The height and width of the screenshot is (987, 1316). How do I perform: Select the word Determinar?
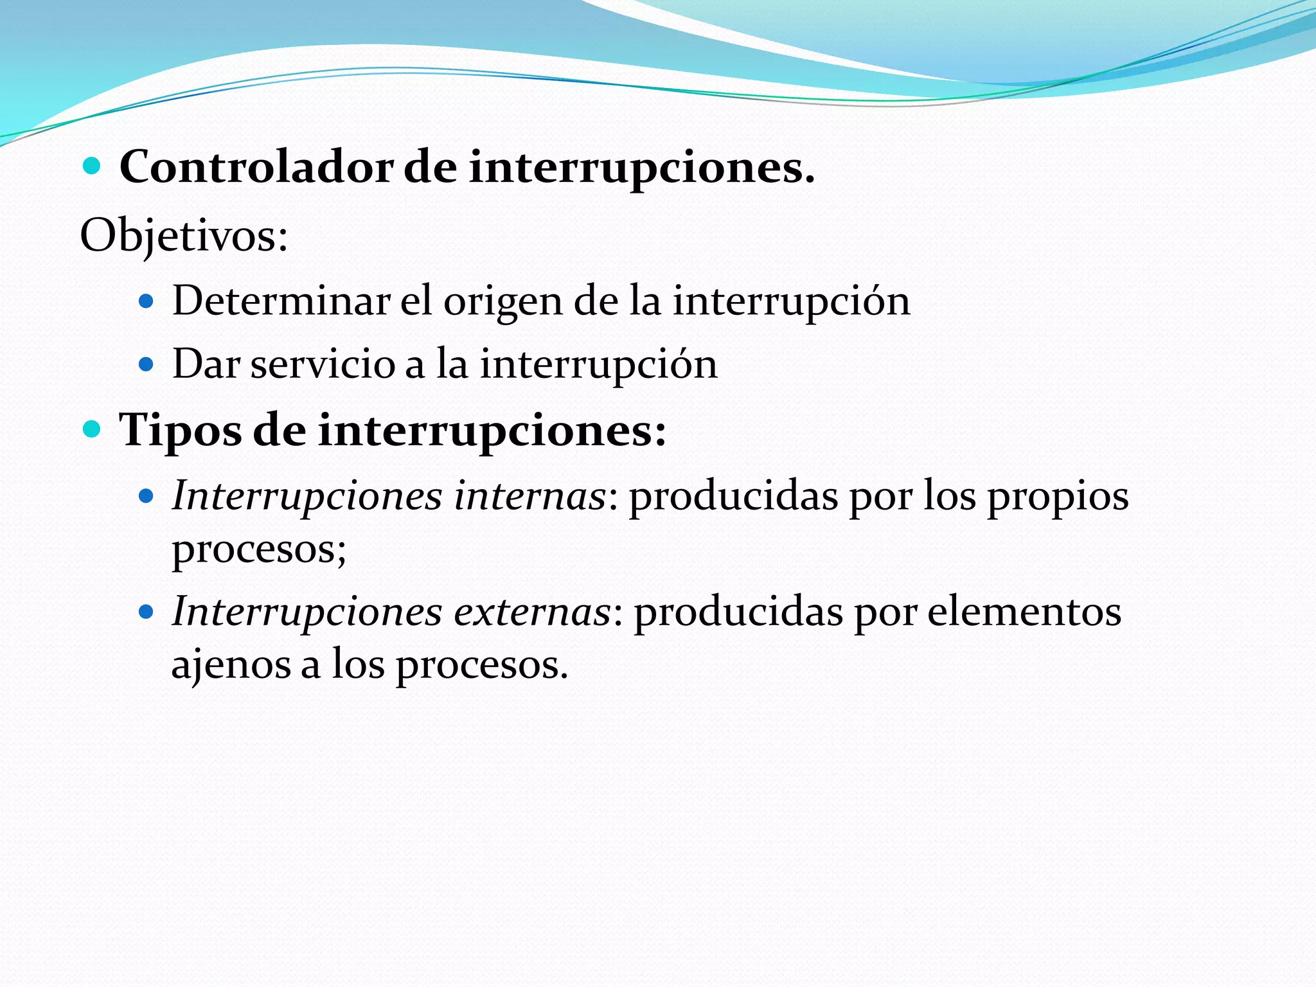pos(281,301)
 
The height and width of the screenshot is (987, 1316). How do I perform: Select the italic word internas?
pos(530,496)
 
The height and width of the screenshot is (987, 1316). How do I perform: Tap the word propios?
pos(1058,497)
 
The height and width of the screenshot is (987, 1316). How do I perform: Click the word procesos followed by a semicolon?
pos(258,549)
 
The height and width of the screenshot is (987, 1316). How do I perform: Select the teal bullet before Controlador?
pos(93,167)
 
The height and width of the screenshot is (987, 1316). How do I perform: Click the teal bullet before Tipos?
pos(93,429)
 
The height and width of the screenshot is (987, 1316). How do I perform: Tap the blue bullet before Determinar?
pos(147,301)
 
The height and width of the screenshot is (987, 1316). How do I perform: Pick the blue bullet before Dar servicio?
pos(147,364)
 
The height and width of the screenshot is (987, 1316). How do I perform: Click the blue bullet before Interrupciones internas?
pos(147,496)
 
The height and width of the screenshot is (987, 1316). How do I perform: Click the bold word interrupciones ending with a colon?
pos(492,431)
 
